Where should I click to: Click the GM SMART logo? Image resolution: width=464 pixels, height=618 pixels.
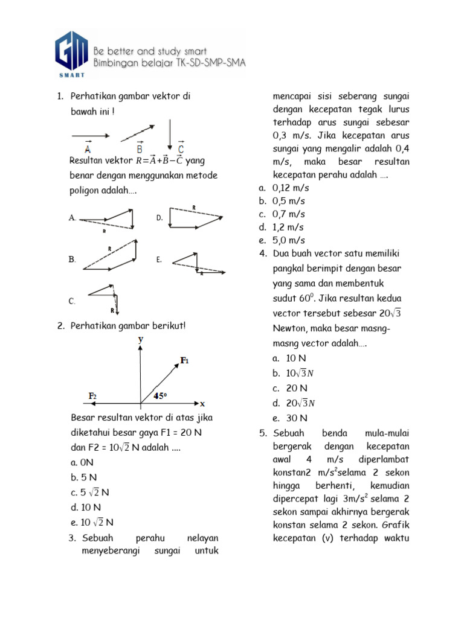[x=72, y=54]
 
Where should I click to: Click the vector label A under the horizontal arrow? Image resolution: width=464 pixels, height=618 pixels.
[x=88, y=148]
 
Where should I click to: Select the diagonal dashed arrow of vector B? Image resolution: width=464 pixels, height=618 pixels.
[x=137, y=132]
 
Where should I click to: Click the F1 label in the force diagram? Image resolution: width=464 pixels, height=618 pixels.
[x=185, y=360]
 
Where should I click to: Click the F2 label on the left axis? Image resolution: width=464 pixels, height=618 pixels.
[x=93, y=396]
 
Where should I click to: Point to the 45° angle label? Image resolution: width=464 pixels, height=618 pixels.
[x=160, y=396]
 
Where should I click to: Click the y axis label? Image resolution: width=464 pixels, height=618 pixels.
[x=141, y=340]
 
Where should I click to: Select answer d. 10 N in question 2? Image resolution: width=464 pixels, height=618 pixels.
[x=85, y=507]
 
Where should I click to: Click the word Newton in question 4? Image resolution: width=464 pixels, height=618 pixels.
[x=291, y=328]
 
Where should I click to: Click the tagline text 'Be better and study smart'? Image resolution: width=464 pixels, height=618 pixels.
[x=160, y=51]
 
